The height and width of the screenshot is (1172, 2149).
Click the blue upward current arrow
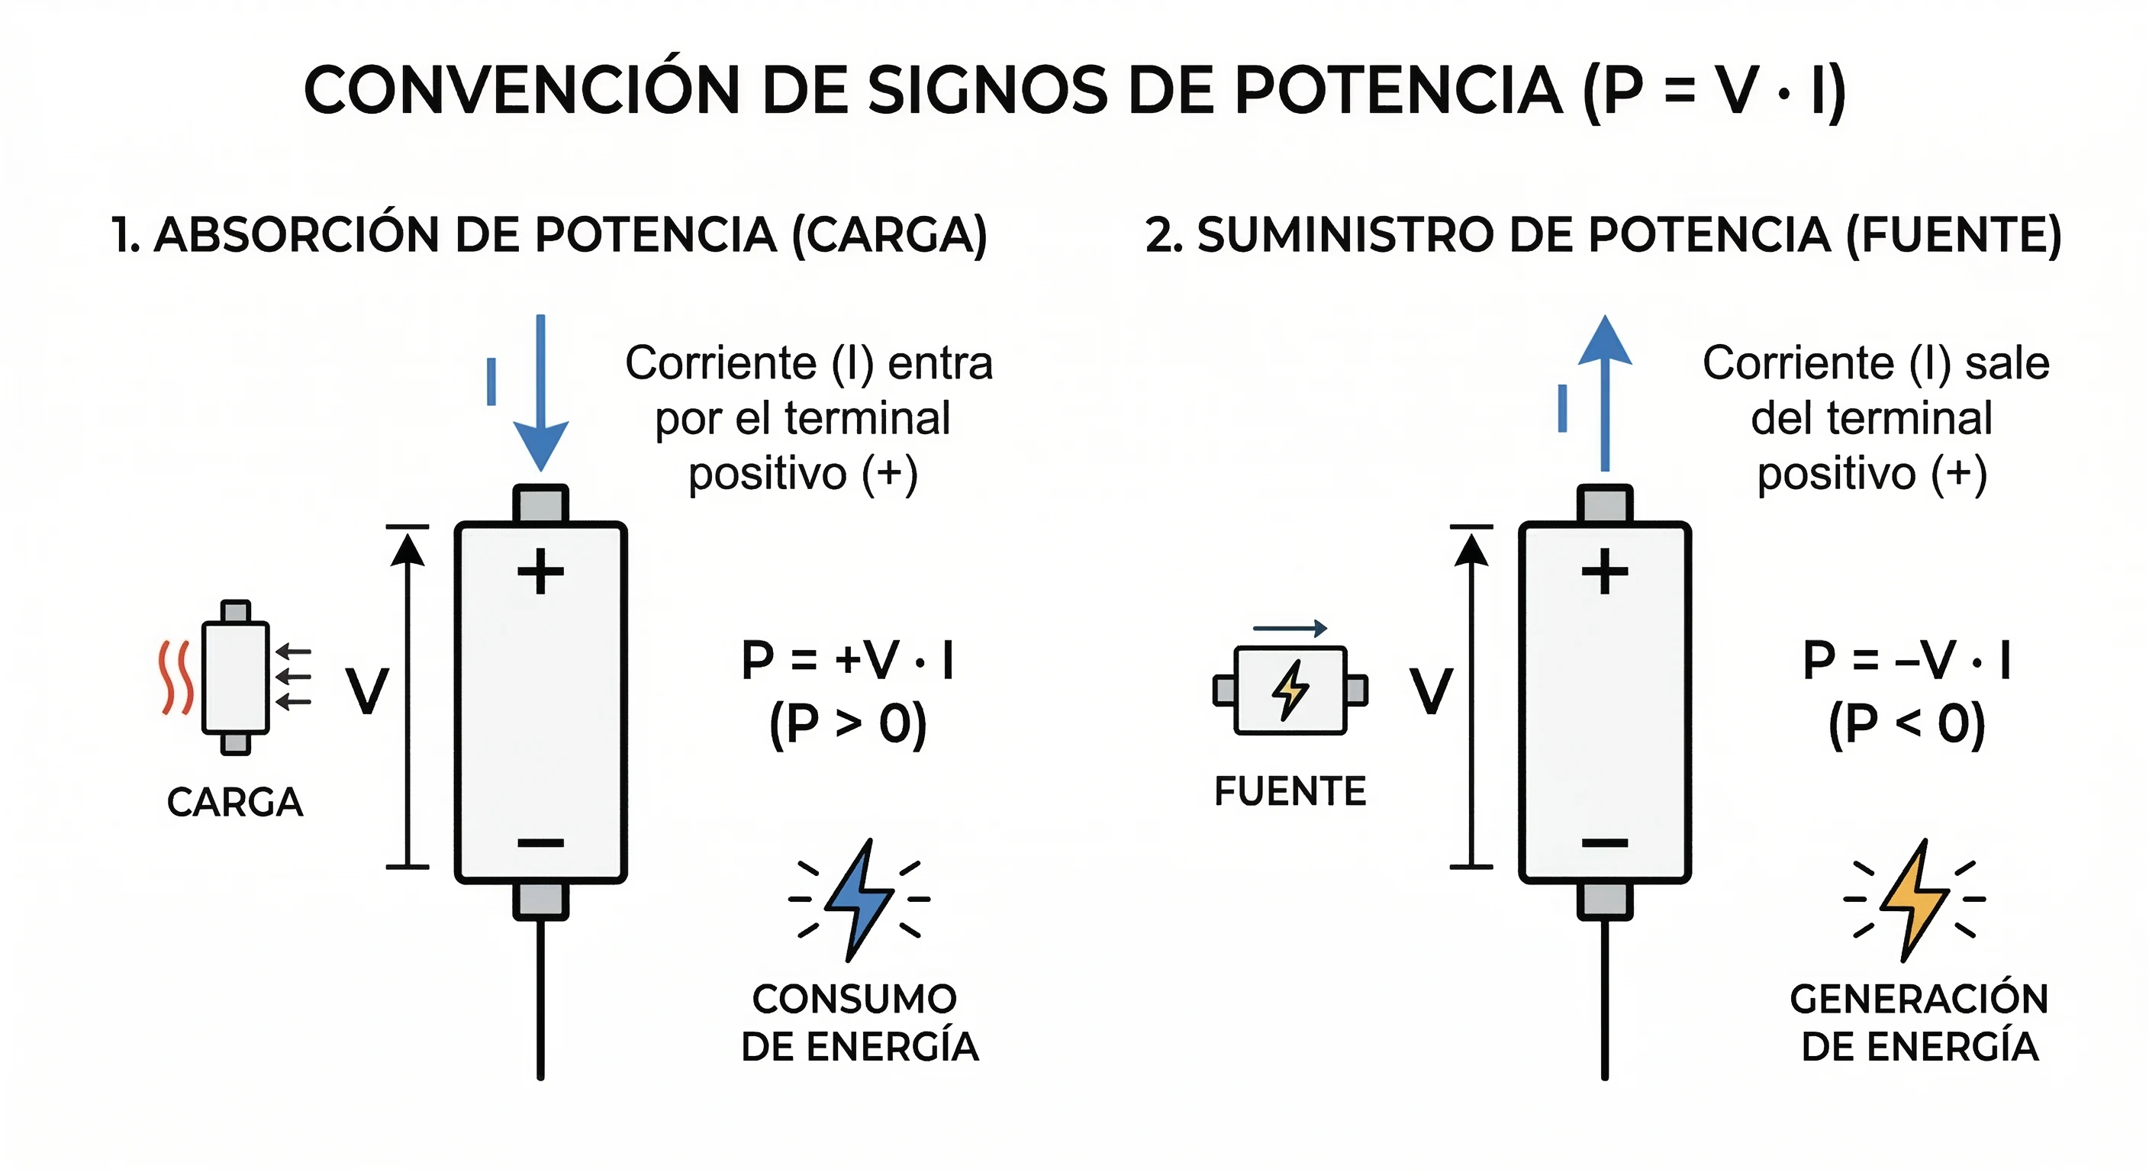1604,392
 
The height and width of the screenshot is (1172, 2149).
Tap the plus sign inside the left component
540,572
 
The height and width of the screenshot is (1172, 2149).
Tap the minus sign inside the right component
1604,842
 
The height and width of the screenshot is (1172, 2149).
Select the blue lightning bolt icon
859,900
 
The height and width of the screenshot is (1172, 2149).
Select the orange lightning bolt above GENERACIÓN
1915,900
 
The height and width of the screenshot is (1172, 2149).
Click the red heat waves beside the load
176,678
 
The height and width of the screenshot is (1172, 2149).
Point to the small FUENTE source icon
1290,690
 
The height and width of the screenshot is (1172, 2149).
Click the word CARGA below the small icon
234,803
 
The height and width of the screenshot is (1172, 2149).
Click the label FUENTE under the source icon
1290,790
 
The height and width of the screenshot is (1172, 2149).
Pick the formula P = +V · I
848,660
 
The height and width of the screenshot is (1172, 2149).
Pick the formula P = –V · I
1906,660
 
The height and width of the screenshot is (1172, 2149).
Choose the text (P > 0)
848,723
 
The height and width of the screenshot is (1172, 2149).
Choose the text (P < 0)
1906,723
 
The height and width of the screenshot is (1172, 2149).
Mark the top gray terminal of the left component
540,504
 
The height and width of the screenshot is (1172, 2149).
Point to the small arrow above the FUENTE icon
1290,628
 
